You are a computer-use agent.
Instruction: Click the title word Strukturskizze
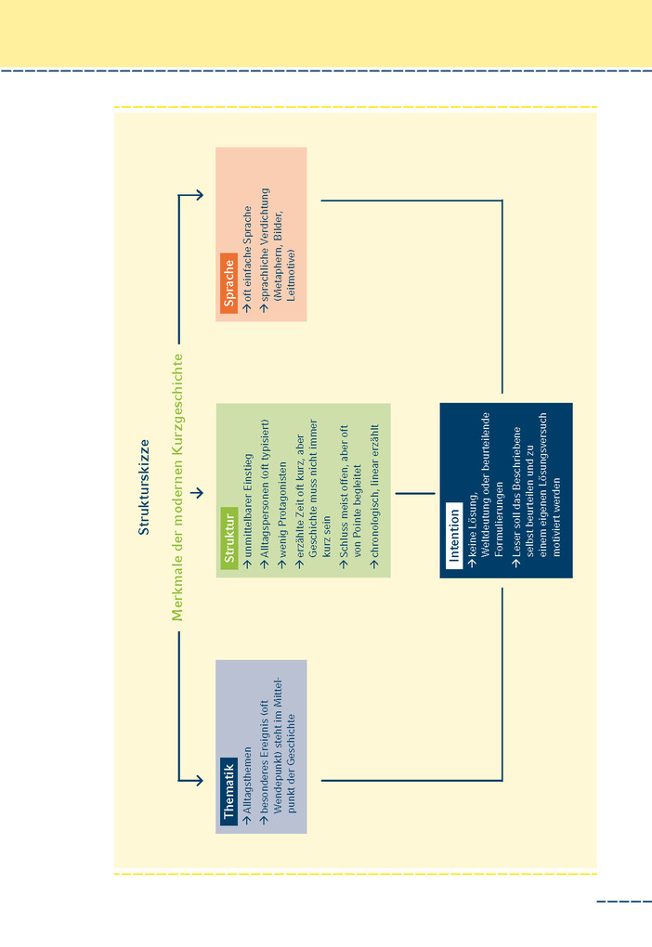(x=144, y=487)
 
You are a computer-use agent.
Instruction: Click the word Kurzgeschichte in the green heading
(x=177, y=403)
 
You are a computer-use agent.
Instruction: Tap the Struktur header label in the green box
(x=228, y=537)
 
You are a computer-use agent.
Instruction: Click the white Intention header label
(x=454, y=536)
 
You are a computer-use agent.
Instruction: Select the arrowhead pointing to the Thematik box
(x=197, y=781)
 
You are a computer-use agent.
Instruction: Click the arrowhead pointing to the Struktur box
(x=197, y=492)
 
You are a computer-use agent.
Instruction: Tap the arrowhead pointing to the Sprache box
(x=197, y=195)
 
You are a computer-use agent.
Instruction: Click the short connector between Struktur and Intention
(x=415, y=493)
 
